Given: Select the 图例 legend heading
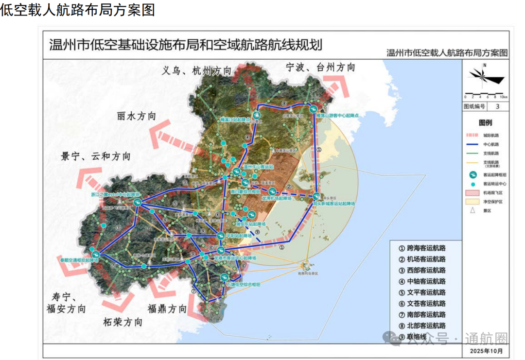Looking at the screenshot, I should coord(485,123).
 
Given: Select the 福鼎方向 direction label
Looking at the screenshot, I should coord(167,309).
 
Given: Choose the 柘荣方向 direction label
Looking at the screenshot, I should coord(123,322).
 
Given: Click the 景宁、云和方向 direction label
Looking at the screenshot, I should coord(96,156).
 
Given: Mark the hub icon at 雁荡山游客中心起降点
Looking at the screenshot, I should coord(314,110).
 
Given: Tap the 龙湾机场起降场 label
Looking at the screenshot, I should coord(277,199).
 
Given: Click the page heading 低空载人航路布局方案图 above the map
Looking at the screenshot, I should coord(78,9).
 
